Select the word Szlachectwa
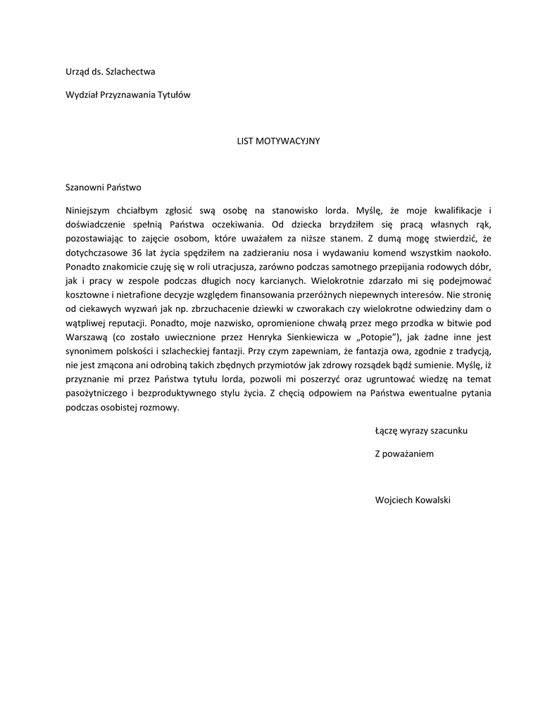[133, 71]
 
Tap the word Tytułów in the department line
[175, 94]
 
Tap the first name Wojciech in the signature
[395, 500]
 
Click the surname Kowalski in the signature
[433, 500]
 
